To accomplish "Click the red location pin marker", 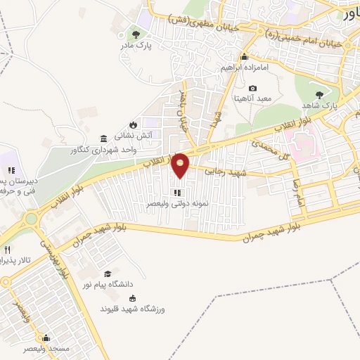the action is pos(181,164).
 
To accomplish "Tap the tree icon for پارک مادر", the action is pos(136,34).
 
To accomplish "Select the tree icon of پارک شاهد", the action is pos(320,94).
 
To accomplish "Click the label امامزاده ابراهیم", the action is pos(244,67).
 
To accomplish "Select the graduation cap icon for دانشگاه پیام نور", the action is pos(108,273).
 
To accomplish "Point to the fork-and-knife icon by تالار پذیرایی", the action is pos(8,250).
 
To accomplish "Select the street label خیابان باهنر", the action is pos(185,105).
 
